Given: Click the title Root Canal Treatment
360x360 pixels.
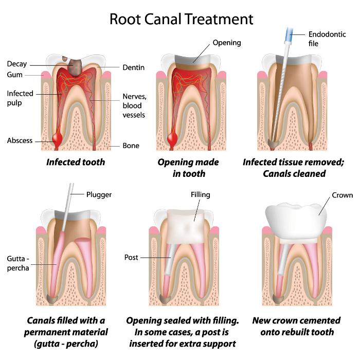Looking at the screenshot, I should click(181, 19).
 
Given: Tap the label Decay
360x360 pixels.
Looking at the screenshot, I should click(16, 64).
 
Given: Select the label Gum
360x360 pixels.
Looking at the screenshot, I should click(14, 75).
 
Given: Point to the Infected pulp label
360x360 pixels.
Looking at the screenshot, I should click(20, 98).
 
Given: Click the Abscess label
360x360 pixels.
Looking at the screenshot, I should click(20, 140).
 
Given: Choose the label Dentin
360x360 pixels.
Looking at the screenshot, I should click(133, 67).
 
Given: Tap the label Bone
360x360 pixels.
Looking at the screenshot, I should click(131, 146).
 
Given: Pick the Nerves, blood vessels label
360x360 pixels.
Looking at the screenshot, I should click(134, 105).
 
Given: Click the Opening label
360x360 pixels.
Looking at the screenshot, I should click(226, 43).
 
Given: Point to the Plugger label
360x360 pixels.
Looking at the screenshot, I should click(99, 194).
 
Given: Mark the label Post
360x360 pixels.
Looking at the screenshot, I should click(131, 257).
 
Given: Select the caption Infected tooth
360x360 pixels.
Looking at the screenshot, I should click(76, 162).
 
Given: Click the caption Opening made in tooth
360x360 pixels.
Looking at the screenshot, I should click(188, 168).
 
